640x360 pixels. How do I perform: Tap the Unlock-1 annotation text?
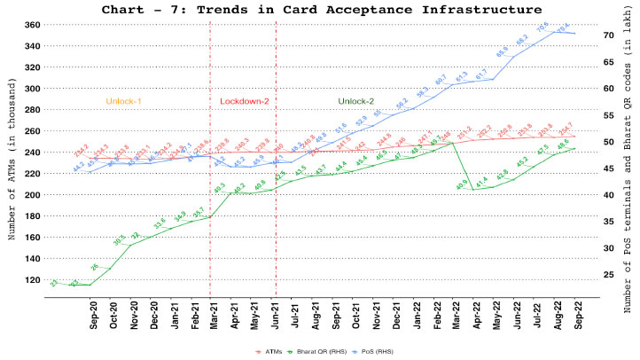124,101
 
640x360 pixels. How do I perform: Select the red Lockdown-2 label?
245,101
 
